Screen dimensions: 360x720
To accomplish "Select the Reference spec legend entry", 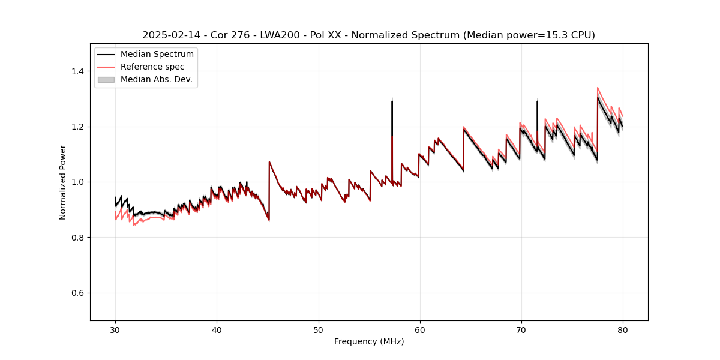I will click(152, 67).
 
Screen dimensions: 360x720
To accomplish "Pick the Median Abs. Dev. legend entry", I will click(156, 79).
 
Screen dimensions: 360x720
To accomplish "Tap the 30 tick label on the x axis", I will click(115, 330).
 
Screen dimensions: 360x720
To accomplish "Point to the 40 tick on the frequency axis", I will click(217, 330).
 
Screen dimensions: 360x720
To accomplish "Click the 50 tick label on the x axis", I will click(318, 330).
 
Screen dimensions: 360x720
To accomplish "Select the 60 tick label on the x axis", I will click(419, 330).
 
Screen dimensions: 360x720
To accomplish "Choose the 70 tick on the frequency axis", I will click(521, 330).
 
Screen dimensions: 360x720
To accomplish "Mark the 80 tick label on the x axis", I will click(622, 330).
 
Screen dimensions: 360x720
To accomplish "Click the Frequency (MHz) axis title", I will click(369, 341).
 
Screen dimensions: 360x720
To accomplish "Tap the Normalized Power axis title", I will click(63, 182).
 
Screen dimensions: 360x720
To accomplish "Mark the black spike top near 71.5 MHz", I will click(537, 101).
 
